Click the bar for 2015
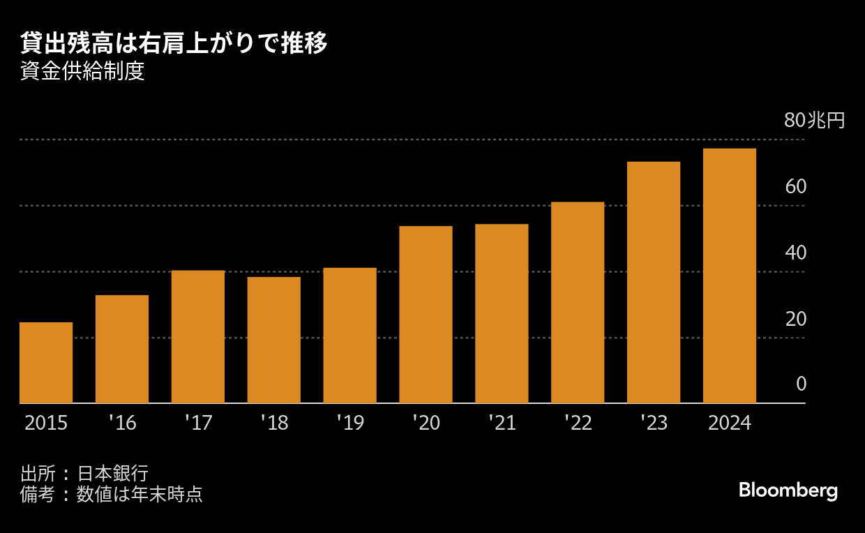(46, 363)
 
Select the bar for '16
(122, 349)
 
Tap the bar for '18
(274, 340)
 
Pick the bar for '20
(426, 315)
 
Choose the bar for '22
(578, 302)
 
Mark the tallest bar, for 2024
(730, 276)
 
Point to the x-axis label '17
(198, 423)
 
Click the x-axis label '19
(350, 423)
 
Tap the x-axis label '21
(502, 423)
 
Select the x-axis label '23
(654, 423)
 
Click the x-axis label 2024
(730, 423)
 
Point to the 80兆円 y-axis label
(814, 121)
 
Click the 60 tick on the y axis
(795, 187)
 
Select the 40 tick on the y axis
(795, 253)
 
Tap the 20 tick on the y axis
(795, 319)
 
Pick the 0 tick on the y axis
(801, 384)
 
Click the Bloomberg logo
(788, 490)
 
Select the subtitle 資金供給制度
(83, 73)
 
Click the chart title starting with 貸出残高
(174, 44)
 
